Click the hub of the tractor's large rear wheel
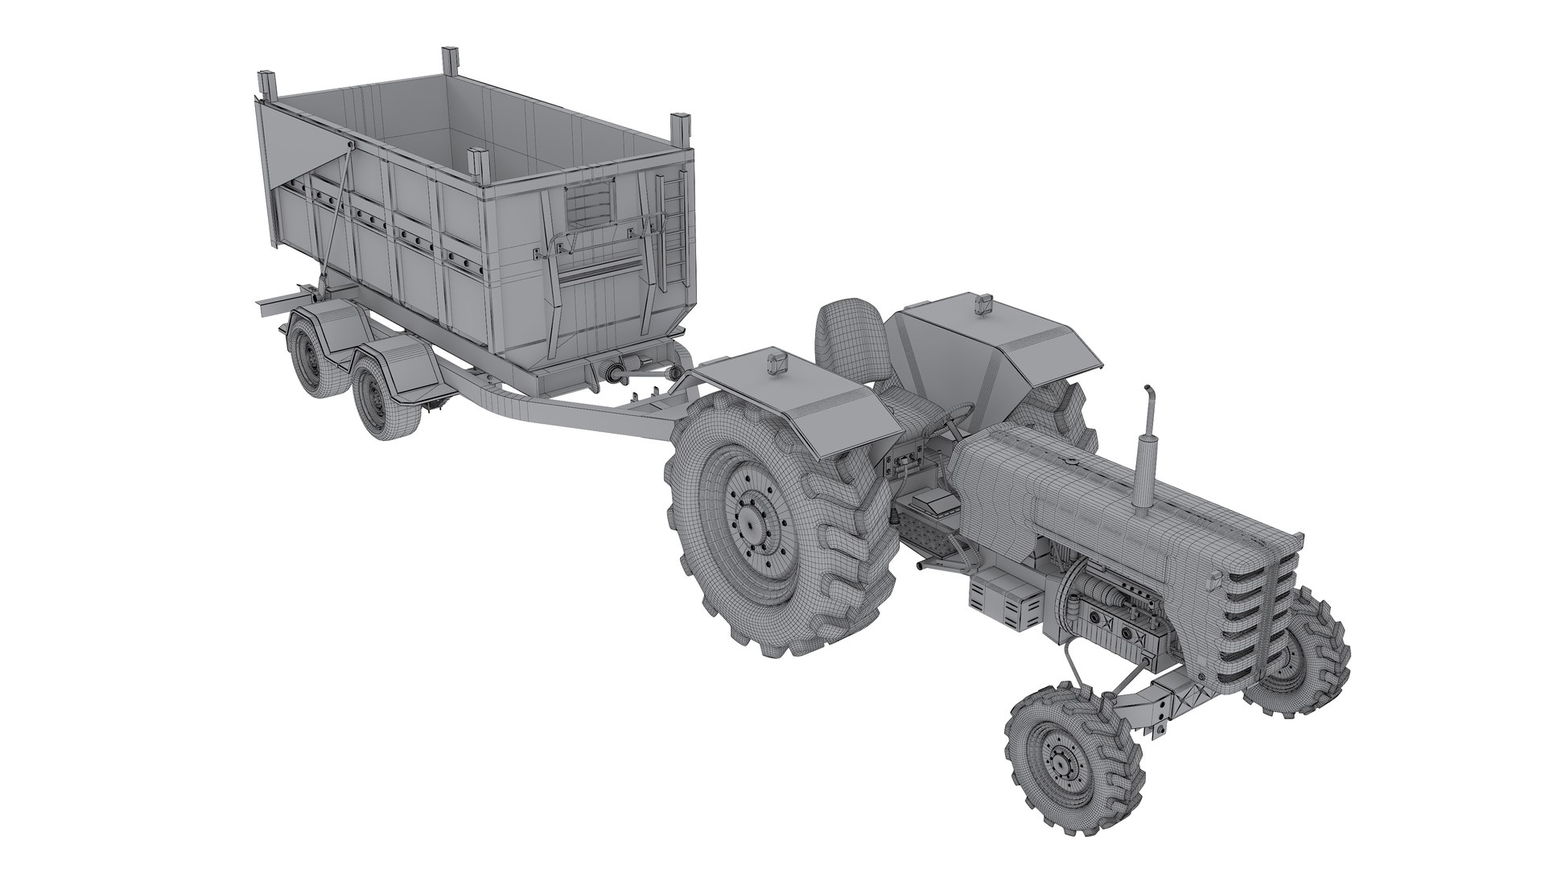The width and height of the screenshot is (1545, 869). click(x=750, y=524)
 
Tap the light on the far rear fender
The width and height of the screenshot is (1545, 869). click(x=982, y=304)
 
